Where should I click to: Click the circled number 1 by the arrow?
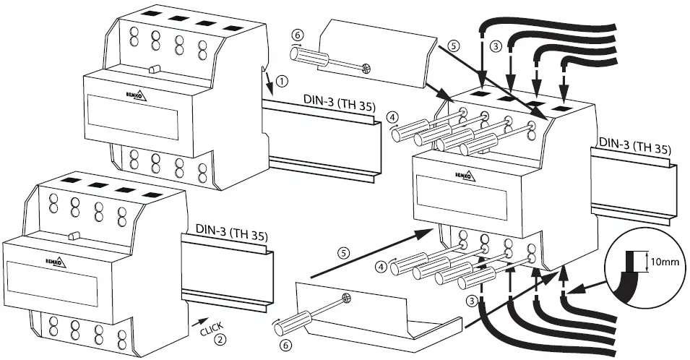click(x=282, y=80)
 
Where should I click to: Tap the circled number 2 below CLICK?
click(x=222, y=338)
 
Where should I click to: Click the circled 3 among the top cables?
click(x=495, y=46)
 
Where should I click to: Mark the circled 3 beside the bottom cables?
click(x=471, y=301)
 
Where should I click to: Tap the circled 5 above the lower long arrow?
click(x=345, y=253)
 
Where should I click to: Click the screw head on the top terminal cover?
click(x=367, y=69)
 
